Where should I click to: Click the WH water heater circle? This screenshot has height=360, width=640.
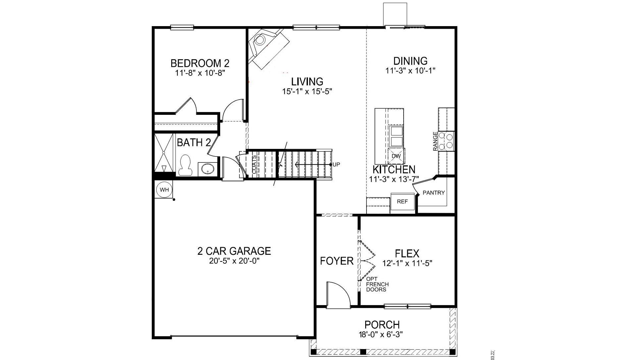point(164,190)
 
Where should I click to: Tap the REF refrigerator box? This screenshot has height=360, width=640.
point(402,202)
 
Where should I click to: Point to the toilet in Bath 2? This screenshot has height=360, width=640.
point(185,165)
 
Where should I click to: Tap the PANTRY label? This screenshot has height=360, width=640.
point(433,193)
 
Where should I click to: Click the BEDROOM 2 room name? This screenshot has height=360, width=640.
point(200,63)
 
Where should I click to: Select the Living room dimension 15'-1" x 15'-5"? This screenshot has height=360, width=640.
point(307,91)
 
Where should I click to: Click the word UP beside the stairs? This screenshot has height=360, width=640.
point(336,164)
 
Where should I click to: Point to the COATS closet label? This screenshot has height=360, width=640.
point(254,165)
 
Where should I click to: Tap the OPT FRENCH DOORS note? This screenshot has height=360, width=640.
point(377,284)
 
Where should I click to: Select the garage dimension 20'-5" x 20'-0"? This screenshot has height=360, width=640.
point(234,261)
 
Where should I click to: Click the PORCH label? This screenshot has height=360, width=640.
point(382,325)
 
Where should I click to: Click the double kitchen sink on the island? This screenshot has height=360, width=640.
point(396,136)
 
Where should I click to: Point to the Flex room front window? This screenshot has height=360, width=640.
point(407,306)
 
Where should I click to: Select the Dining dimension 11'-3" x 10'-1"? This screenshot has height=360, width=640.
point(410,70)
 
